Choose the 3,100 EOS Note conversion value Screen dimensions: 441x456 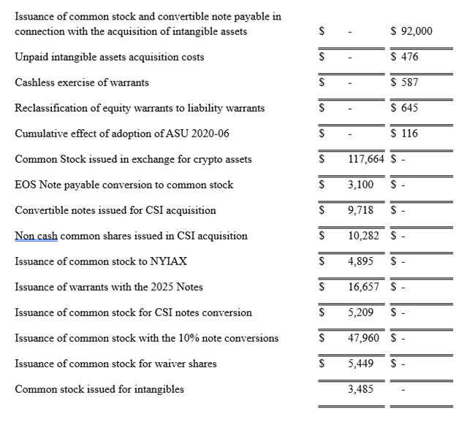pyautogui.click(x=360, y=185)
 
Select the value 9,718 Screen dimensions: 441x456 pyautogui.click(x=360, y=210)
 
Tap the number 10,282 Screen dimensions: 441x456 pyautogui.click(x=362, y=236)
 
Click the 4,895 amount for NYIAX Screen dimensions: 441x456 pyautogui.click(x=360, y=261)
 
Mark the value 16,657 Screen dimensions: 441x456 pyautogui.click(x=362, y=287)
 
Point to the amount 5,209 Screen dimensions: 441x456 pyautogui.click(x=360, y=312)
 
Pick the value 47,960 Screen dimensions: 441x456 pyautogui.click(x=362, y=338)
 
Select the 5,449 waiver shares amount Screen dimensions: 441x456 pyautogui.click(x=360, y=364)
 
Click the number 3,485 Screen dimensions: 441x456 pyautogui.click(x=360, y=389)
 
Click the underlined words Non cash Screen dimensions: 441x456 pyautogui.click(x=36, y=236)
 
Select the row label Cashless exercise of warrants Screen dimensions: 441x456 pyautogui.click(x=82, y=83)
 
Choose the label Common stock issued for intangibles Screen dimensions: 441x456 pyautogui.click(x=99, y=389)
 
